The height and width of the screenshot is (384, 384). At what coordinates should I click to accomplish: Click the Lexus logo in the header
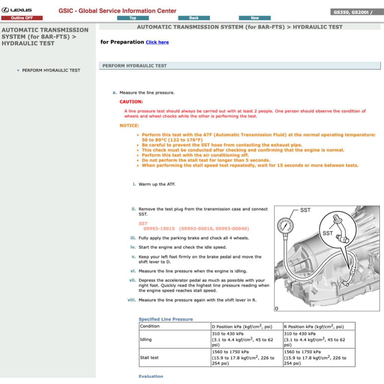(17, 10)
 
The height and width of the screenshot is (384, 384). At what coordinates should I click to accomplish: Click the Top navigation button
(133, 18)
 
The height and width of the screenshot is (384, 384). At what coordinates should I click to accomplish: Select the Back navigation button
(194, 18)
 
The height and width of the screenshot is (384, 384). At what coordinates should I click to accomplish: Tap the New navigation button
(255, 18)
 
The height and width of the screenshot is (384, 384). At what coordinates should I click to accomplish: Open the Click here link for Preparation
(157, 42)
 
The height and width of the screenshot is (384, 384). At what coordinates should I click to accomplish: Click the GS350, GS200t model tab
(353, 12)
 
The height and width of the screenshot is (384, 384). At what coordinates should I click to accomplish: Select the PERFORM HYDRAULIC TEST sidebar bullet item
(51, 70)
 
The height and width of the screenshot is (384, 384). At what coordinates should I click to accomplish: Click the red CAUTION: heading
(131, 102)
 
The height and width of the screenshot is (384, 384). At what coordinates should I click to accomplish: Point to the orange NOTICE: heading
(129, 126)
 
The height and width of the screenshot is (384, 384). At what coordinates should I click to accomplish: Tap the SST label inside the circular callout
(327, 233)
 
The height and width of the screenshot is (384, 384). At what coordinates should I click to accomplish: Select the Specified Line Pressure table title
(165, 319)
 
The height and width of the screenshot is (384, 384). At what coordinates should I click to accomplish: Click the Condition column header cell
(150, 326)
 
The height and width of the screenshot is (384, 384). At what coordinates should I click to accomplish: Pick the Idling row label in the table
(146, 339)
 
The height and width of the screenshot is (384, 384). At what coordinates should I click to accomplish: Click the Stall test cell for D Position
(246, 357)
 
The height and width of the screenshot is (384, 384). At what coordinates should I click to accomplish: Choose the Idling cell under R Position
(318, 339)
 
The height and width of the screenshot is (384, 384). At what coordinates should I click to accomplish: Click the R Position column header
(313, 327)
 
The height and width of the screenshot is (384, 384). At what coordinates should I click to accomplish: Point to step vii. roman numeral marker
(132, 280)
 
